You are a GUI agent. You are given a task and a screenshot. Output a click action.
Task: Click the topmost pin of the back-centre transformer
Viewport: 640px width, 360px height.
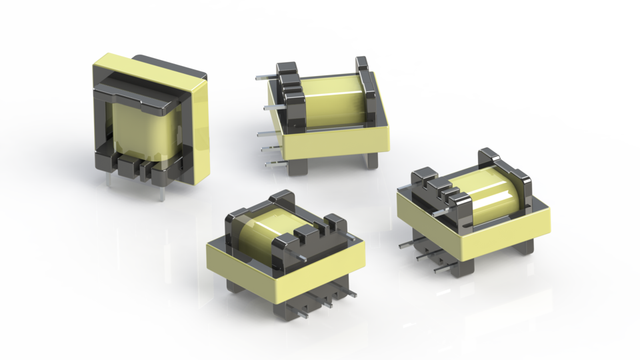coord(263,77)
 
